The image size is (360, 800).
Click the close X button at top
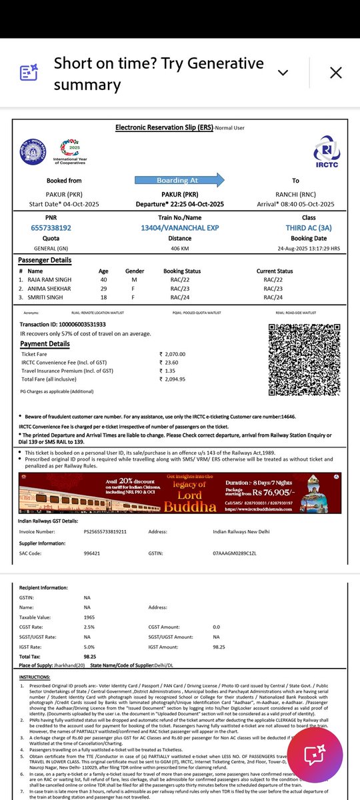point(336,73)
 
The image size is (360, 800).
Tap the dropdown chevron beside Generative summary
point(283,73)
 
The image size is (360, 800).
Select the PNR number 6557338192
point(47,227)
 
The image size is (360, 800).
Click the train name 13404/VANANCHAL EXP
point(179,227)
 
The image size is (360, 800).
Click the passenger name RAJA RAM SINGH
point(50,280)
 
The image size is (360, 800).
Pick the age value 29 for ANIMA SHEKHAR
point(103,289)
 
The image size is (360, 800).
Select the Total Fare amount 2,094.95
point(172,379)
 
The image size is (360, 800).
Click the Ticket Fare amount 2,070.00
point(172,354)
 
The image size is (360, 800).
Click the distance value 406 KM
point(179,248)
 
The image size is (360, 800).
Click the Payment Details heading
point(45,344)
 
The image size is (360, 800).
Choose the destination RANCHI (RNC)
point(295,194)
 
